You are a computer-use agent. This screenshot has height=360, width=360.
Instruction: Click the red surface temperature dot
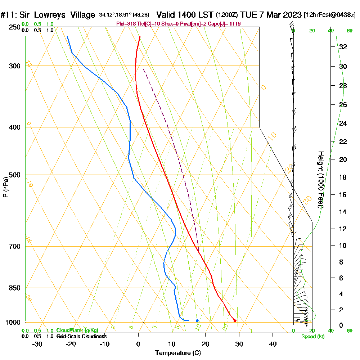pos(235,321)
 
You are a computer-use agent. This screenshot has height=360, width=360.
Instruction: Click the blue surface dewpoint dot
pos(197,320)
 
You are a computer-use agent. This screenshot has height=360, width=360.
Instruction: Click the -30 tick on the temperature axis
pos(37,344)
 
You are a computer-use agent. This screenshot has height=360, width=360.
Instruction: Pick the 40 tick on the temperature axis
pos(273,344)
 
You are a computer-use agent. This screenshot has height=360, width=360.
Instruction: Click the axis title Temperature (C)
pos(178,353)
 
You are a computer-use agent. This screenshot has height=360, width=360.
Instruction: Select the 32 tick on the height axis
pos(343,47)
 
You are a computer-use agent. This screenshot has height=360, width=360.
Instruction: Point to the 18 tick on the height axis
pos(343,177)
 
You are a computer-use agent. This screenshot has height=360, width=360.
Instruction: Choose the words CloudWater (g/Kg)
pos(77,330)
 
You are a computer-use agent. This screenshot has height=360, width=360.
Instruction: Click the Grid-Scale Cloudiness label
pos(81,336)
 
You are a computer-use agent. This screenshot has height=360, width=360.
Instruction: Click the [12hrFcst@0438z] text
pos(330,15)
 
